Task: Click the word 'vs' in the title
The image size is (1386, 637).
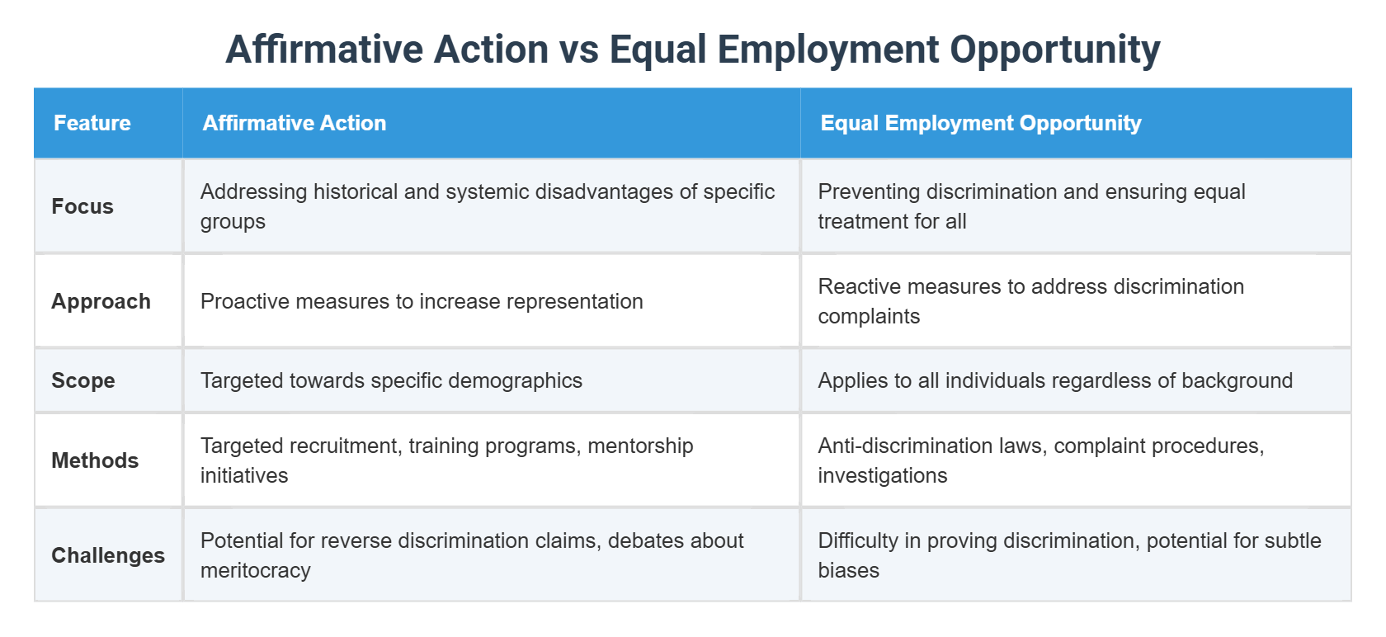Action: click(578, 50)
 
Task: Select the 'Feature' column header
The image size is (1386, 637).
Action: click(92, 123)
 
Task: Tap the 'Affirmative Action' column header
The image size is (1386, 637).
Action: click(295, 123)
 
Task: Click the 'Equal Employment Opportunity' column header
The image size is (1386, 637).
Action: click(981, 123)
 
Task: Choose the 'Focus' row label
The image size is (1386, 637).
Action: click(82, 206)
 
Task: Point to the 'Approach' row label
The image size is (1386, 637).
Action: click(101, 301)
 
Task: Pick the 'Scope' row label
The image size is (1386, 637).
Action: click(83, 380)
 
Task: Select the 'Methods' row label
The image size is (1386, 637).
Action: click(95, 460)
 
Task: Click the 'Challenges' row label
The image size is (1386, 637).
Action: click(108, 555)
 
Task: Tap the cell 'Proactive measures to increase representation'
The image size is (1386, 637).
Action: click(422, 301)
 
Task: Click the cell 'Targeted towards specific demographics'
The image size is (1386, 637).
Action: click(391, 380)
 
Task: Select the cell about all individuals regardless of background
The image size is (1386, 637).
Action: click(1055, 380)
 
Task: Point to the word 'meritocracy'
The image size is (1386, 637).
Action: click(256, 570)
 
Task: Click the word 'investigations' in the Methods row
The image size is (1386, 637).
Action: click(883, 475)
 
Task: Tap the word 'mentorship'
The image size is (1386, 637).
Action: click(641, 446)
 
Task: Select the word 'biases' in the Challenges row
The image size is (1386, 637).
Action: click(849, 570)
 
